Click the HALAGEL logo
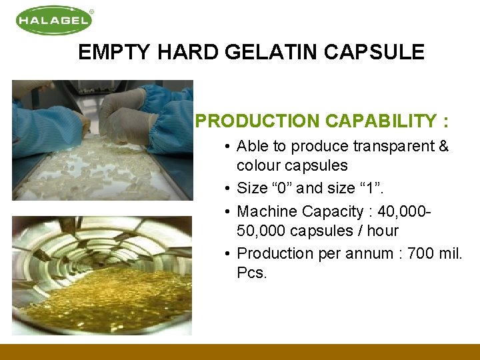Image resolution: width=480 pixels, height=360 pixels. point(53,20)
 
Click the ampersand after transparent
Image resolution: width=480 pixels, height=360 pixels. point(443,146)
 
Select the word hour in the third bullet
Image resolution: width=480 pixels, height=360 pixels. point(383,231)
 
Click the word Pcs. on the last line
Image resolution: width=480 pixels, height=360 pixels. point(252,273)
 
